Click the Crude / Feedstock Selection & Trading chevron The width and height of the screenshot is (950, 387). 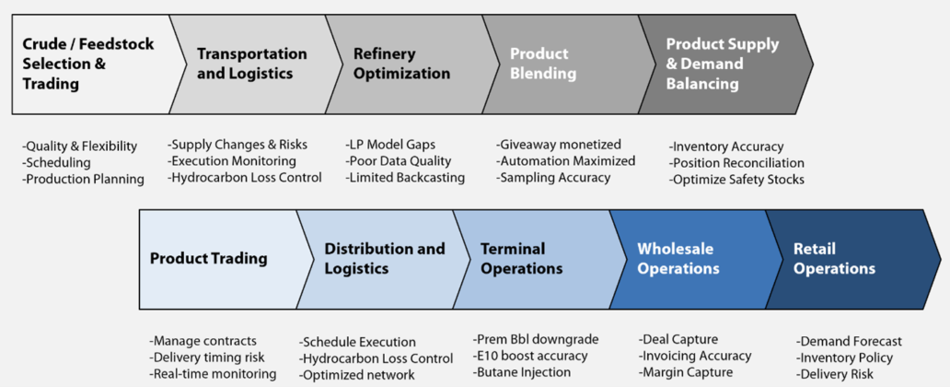coord(87,64)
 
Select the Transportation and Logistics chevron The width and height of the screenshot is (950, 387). coord(251,64)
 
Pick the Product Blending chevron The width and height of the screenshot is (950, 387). coord(552,64)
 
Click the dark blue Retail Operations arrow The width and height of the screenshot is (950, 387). coord(842,259)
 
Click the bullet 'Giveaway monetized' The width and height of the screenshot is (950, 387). coord(559,145)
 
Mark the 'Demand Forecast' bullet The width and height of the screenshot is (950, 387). coord(849,341)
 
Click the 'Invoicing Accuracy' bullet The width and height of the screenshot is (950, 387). coord(695,356)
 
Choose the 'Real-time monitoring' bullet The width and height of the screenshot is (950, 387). coord(213,373)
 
